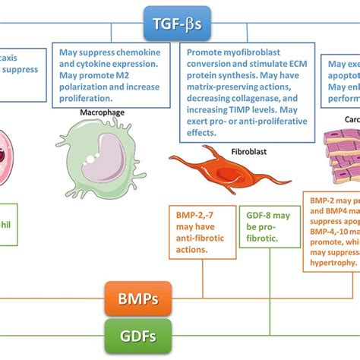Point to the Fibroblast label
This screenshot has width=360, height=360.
(244, 151)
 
